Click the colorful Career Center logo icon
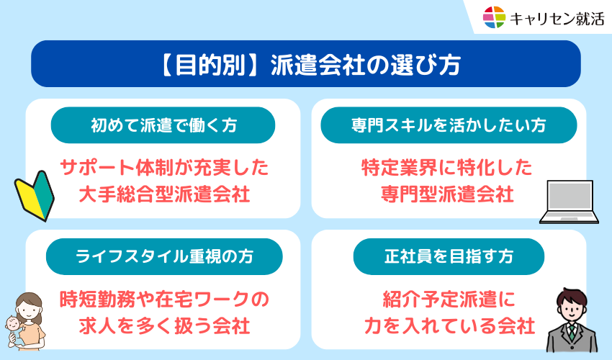[494, 17]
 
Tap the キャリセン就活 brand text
[557, 19]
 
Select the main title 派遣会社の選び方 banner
[306, 63]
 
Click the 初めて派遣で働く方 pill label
[163, 125]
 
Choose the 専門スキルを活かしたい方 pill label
[449, 125]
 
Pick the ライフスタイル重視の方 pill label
[164, 256]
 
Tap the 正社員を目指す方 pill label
[449, 256]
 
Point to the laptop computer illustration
[569, 202]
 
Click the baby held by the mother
[15, 330]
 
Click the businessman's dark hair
[572, 297]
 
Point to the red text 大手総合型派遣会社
[164, 194]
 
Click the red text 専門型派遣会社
[447, 194]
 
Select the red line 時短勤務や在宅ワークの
[164, 300]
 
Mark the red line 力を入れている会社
[449, 325]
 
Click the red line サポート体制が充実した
[164, 168]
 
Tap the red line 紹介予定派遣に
[449, 300]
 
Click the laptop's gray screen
[570, 196]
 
